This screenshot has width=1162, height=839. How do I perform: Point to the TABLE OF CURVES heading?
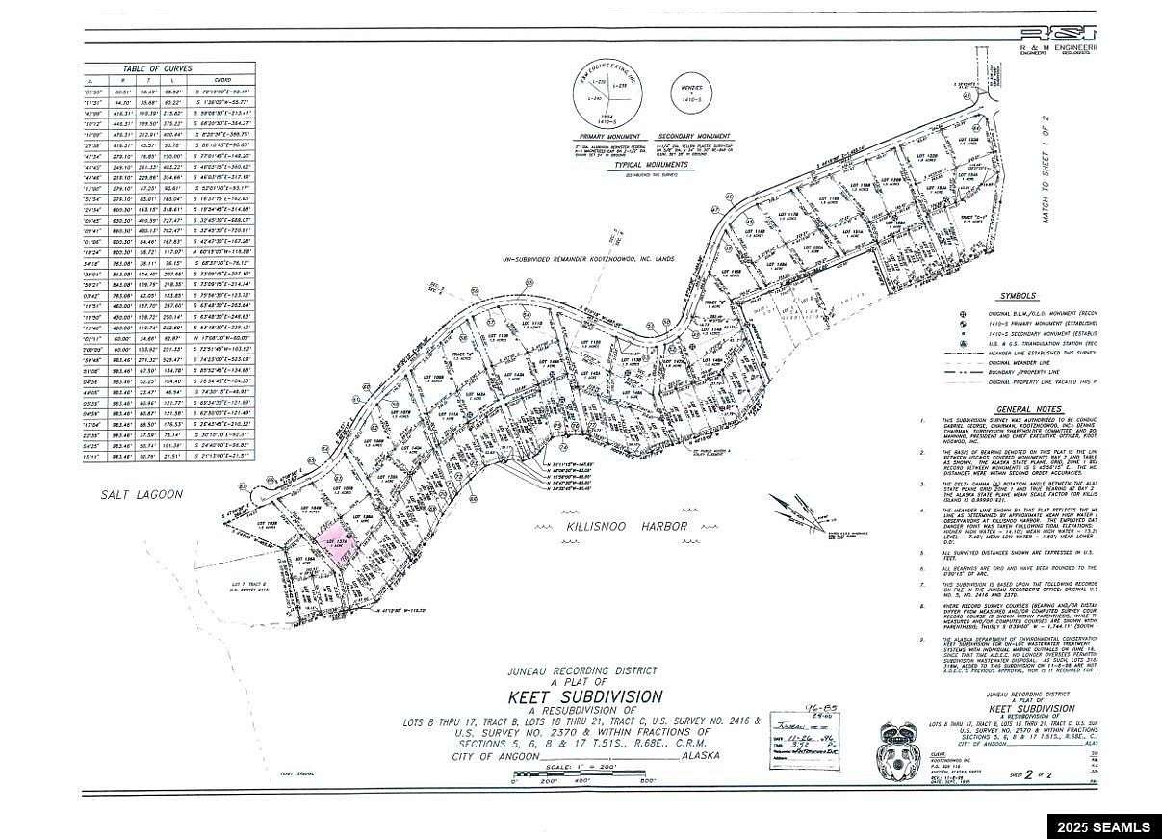(158, 68)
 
